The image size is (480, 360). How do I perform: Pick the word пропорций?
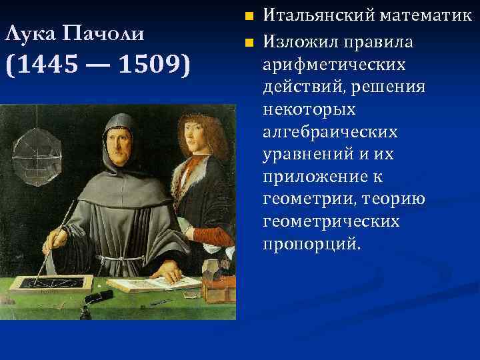311,243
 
